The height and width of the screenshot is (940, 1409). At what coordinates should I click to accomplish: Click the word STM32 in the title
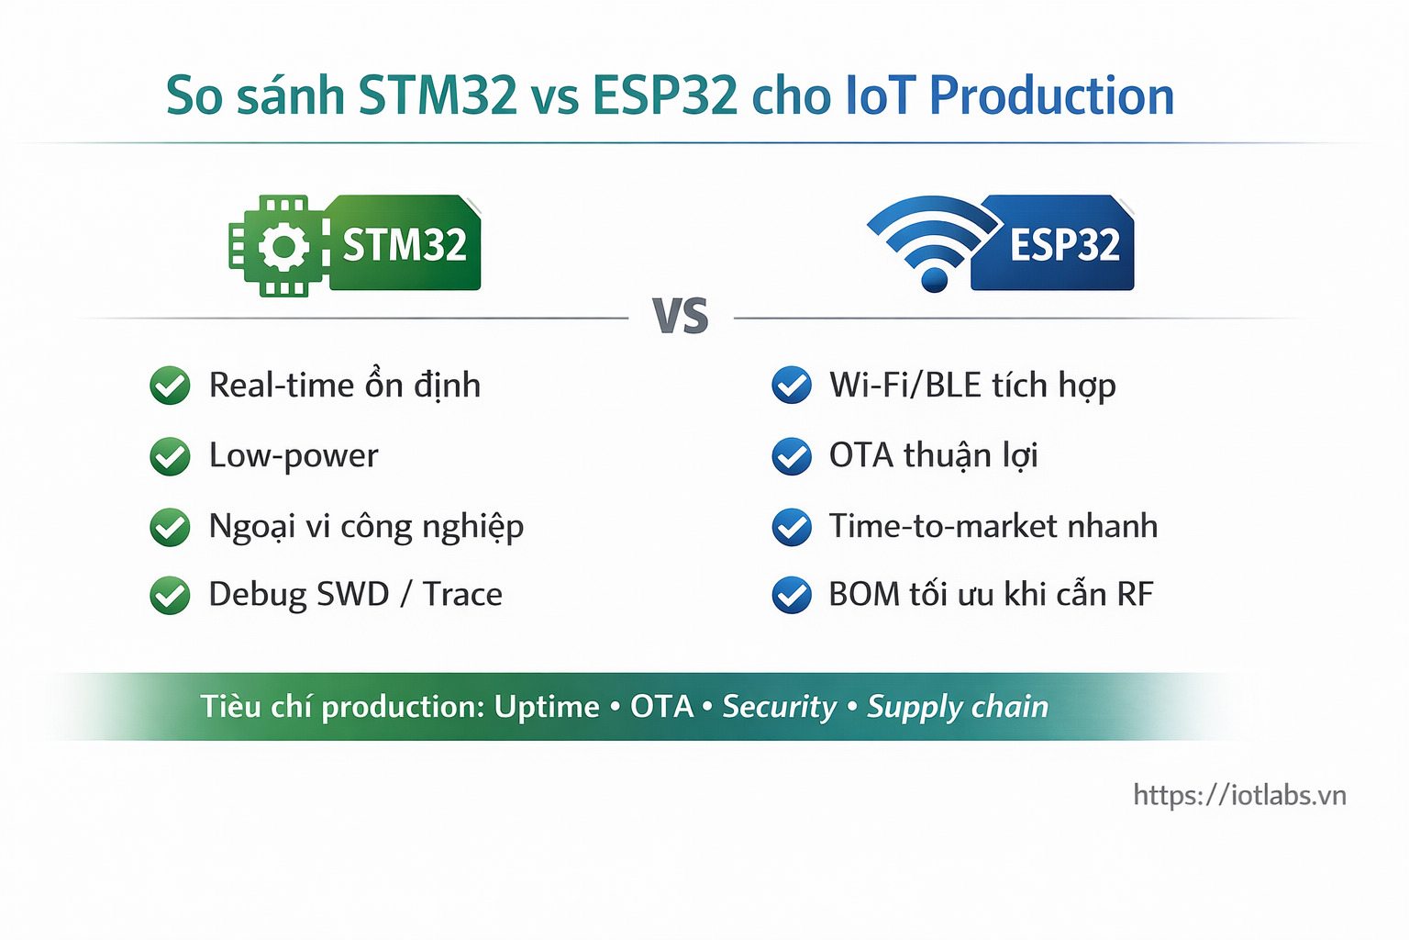tap(438, 96)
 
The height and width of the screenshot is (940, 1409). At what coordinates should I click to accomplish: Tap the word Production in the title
tap(1051, 96)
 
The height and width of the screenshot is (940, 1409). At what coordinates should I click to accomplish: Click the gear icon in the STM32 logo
tap(283, 246)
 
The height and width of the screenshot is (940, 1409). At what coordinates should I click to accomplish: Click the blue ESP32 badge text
tap(1064, 245)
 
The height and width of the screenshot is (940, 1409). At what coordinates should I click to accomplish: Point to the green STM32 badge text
tap(405, 245)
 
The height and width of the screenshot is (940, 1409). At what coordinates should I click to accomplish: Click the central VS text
tap(680, 317)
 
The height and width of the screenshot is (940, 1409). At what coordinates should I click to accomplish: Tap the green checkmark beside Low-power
tap(170, 456)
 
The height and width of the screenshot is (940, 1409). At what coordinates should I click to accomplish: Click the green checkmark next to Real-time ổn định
tap(170, 386)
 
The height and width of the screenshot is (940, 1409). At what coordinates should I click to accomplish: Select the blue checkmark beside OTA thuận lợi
tap(791, 456)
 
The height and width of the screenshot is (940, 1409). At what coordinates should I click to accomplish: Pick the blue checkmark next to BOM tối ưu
tap(791, 595)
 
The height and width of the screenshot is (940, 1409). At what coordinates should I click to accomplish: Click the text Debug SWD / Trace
tap(355, 595)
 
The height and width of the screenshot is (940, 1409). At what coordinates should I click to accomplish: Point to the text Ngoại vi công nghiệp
tap(366, 527)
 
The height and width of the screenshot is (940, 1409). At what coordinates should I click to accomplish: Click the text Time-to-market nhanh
tap(993, 526)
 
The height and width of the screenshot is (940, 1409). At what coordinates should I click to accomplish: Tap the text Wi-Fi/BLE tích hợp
tap(972, 386)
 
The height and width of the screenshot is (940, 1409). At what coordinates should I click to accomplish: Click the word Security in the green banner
tap(779, 706)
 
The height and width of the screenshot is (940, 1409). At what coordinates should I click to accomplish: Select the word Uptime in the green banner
tap(547, 706)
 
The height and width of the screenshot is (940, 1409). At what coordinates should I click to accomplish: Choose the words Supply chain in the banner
tap(958, 706)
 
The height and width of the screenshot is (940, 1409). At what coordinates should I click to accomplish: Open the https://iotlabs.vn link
tap(1239, 795)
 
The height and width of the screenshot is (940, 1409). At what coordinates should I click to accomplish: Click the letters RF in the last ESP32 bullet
tap(1135, 595)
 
